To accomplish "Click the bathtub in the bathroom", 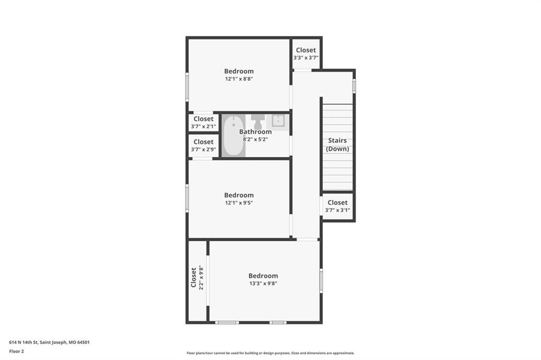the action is pyautogui.click(x=233, y=136).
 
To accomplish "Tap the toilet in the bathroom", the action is pyautogui.click(x=257, y=121).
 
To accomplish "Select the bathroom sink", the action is pyautogui.click(x=277, y=121).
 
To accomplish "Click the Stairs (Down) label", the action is pyautogui.click(x=338, y=145).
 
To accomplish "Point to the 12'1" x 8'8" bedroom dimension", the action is pyautogui.click(x=239, y=79).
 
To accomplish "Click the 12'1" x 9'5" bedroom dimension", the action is pyautogui.click(x=239, y=203).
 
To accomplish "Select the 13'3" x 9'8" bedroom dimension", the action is pyautogui.click(x=263, y=283).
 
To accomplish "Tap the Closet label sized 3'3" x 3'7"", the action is pyautogui.click(x=306, y=50).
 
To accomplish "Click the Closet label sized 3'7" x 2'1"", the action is pyautogui.click(x=203, y=119).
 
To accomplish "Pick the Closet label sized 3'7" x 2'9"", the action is pyautogui.click(x=203, y=141).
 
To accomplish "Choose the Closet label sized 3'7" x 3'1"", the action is pyautogui.click(x=338, y=202).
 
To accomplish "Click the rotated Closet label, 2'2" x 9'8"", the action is pyautogui.click(x=193, y=277).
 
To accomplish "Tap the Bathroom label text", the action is pyautogui.click(x=255, y=132).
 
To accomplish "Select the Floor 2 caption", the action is pyautogui.click(x=16, y=352).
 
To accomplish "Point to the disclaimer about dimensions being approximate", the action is pyautogui.click(x=270, y=353).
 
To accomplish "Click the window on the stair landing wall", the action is pyautogui.click(x=354, y=86).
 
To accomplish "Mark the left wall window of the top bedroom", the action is pyautogui.click(x=187, y=87).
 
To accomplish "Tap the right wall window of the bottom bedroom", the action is pyautogui.click(x=321, y=281).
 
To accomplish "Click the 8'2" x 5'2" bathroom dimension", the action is pyautogui.click(x=255, y=139).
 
